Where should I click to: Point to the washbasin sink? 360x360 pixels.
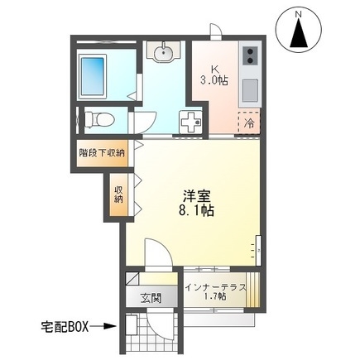tap(163, 54)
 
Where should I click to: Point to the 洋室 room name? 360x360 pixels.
tap(196, 196)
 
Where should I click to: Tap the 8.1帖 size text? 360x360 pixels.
tap(198, 212)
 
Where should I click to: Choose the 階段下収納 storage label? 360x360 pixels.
tap(102, 152)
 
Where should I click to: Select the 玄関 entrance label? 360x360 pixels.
tap(150, 298)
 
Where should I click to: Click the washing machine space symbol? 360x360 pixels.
tap(190, 122)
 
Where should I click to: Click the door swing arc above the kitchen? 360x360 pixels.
tap(216, 32)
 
